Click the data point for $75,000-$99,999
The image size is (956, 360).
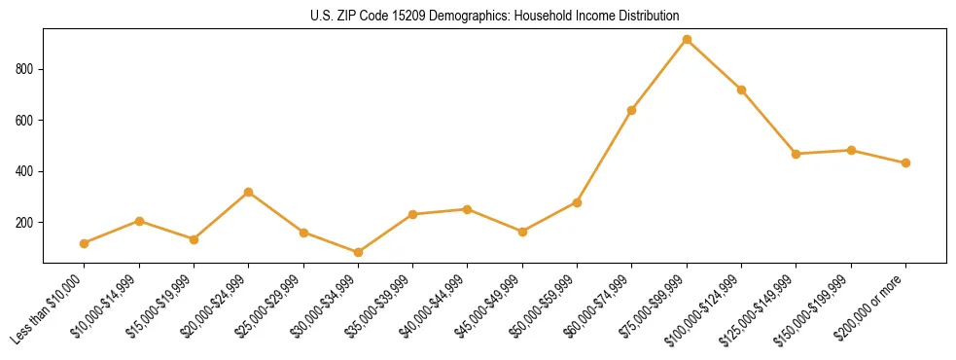click(687, 40)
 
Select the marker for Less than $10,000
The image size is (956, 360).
click(85, 243)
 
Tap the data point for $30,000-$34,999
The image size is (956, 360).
click(358, 252)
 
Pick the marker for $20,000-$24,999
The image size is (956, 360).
click(249, 192)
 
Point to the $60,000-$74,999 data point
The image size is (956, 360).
click(632, 110)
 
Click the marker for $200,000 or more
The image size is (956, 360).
click(905, 162)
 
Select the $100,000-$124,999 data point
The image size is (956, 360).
click(741, 90)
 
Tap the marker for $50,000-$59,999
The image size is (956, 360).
click(577, 202)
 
